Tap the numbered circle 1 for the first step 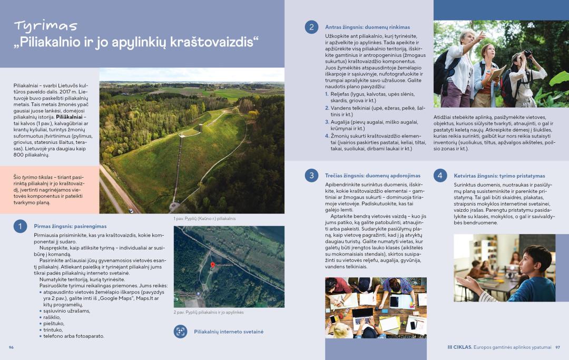click(x=19, y=226)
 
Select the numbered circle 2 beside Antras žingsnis click(x=311, y=27)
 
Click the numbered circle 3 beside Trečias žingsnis click(x=311, y=176)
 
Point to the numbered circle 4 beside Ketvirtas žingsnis click(x=440, y=176)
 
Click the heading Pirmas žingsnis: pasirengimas click(x=70, y=226)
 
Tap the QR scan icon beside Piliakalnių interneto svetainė click(x=181, y=332)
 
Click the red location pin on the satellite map click(x=212, y=265)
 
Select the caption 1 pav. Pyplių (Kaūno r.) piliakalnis click(x=204, y=218)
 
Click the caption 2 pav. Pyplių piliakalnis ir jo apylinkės click(x=209, y=312)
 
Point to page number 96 click(x=11, y=347)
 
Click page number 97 click(x=557, y=347)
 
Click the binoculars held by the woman click(x=527, y=53)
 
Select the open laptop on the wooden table click(x=362, y=315)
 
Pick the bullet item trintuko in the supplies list click(x=54, y=329)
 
